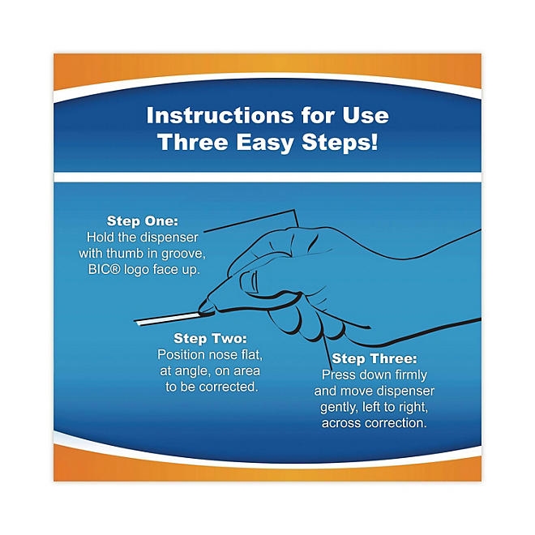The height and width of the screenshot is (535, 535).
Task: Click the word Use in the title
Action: [366, 115]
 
